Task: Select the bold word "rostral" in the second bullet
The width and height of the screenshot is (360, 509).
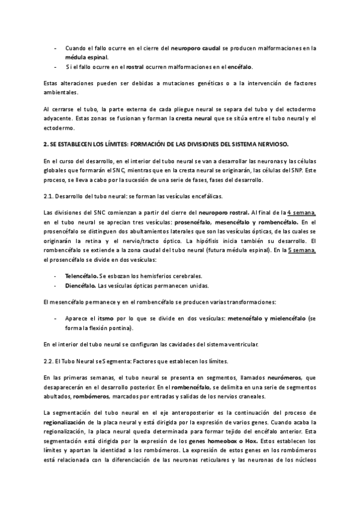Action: [136, 67]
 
